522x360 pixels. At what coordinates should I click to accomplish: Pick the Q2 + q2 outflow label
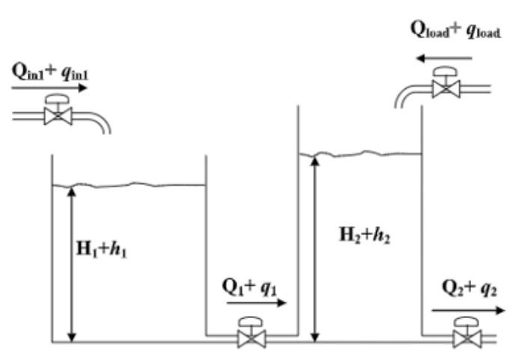pos(466,289)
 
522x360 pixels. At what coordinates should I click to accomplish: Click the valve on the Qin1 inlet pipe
pos(57,112)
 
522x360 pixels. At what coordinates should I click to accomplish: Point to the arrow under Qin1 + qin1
pos(49,87)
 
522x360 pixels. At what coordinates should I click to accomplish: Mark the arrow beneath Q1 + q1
pos(256,304)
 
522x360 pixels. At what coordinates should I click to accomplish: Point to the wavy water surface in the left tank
pos(128,185)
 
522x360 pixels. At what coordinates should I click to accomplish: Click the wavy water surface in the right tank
pos(359,154)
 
